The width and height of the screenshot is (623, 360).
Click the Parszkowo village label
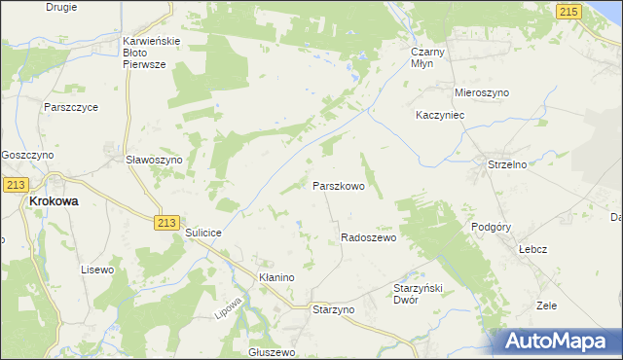[338, 185]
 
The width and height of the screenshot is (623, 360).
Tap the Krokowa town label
[54, 200]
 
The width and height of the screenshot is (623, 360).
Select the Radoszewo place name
[368, 237]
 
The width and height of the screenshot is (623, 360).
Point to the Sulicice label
[204, 234]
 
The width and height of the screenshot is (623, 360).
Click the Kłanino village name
[276, 277]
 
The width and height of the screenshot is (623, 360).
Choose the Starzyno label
[334, 308]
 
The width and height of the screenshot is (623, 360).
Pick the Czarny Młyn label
[427, 55]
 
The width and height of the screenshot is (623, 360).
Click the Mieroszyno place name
[482, 92]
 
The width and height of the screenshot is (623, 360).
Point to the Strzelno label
[507, 164]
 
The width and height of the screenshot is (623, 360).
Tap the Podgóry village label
[491, 227]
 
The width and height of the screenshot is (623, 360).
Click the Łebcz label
[532, 249]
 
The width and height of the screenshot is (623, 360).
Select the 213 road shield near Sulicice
[165, 223]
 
